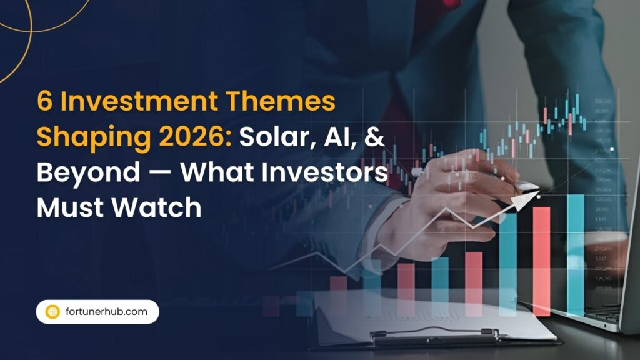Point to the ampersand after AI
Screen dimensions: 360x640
374,137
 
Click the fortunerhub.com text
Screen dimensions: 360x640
106,311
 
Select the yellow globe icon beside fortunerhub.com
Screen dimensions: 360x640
53,311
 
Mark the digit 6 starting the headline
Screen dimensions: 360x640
44,102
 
